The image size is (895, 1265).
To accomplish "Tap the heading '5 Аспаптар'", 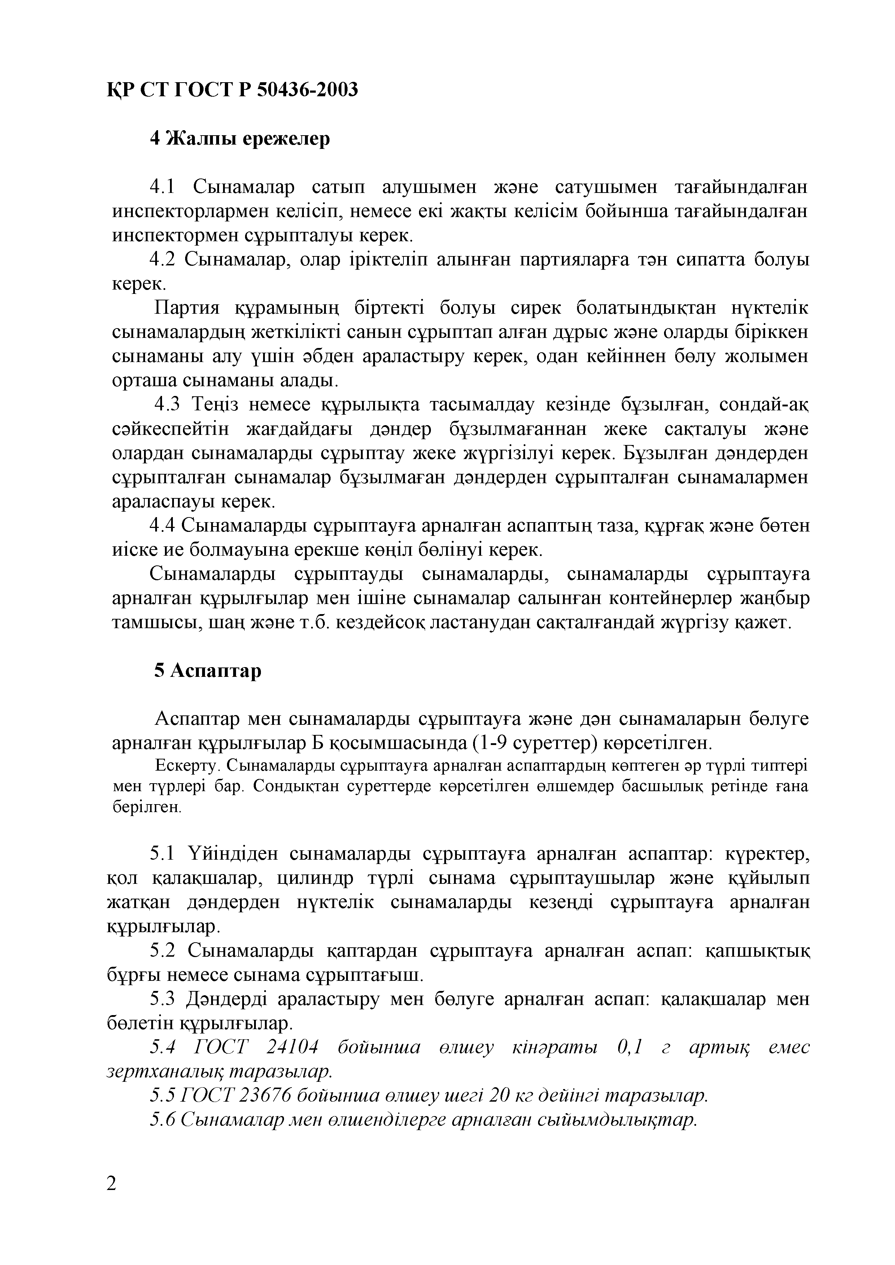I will click(x=208, y=670).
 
